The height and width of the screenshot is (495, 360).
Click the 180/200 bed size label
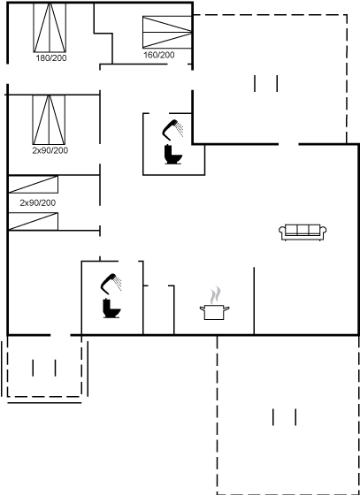pyautogui.click(x=51, y=58)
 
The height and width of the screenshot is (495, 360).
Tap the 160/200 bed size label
pyautogui.click(x=159, y=55)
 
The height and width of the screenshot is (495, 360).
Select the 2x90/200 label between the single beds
pyautogui.click(x=37, y=203)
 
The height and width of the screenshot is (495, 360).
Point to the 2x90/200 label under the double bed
pyautogui.click(x=50, y=150)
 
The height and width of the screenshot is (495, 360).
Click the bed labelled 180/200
pyautogui.click(x=50, y=27)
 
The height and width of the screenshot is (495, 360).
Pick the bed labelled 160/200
pyautogui.click(x=167, y=32)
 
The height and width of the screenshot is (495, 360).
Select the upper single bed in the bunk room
pyautogui.click(x=33, y=185)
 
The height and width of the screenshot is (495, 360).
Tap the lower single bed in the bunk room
pyautogui.click(x=33, y=221)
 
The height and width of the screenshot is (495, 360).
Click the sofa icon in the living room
pyautogui.click(x=303, y=232)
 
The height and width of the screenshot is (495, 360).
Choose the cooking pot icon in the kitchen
pyautogui.click(x=214, y=312)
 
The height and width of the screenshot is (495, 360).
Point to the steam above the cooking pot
pyautogui.click(x=215, y=294)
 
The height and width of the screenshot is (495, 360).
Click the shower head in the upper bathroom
pyautogui.click(x=172, y=129)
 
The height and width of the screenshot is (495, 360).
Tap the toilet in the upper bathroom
pyautogui.click(x=172, y=155)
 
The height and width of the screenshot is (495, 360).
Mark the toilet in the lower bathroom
pyautogui.click(x=111, y=308)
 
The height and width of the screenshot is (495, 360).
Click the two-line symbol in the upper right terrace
pyautogui.click(x=266, y=83)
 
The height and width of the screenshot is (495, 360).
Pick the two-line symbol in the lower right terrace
pyautogui.click(x=285, y=417)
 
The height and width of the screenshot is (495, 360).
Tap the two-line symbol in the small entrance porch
pyautogui.click(x=44, y=368)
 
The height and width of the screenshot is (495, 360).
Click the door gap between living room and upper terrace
pyautogui.click(x=288, y=145)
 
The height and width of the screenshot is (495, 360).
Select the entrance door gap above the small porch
pyautogui.click(x=60, y=335)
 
